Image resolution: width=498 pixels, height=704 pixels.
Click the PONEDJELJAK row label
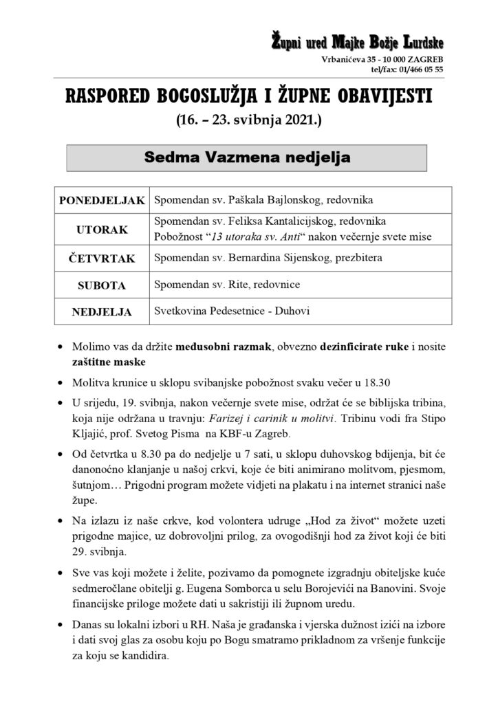point(102,200)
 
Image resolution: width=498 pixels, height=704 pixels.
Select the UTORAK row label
point(102,229)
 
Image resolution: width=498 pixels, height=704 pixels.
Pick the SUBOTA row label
point(102,284)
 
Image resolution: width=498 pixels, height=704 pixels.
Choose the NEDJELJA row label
point(102,311)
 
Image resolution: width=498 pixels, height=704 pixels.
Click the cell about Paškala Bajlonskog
point(263,200)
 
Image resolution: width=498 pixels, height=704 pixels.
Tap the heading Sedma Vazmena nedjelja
point(247,157)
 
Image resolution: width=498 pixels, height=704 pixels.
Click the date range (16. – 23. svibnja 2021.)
point(248,122)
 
